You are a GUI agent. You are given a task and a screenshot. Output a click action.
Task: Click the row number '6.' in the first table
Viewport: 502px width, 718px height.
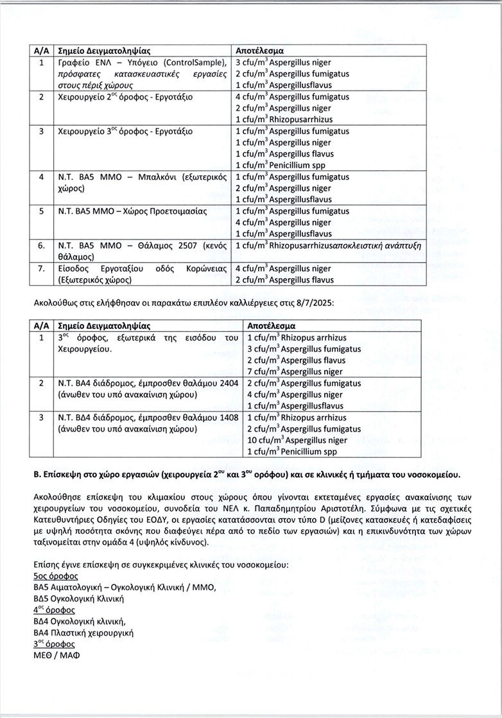pos(41,245)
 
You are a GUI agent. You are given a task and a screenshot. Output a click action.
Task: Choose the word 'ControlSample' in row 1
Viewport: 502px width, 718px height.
pos(190,62)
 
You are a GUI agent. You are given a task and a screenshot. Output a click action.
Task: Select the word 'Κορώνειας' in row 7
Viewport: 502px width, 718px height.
pos(207,268)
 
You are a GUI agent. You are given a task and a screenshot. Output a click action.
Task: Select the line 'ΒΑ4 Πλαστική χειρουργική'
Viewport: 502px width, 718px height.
pos(83,633)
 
